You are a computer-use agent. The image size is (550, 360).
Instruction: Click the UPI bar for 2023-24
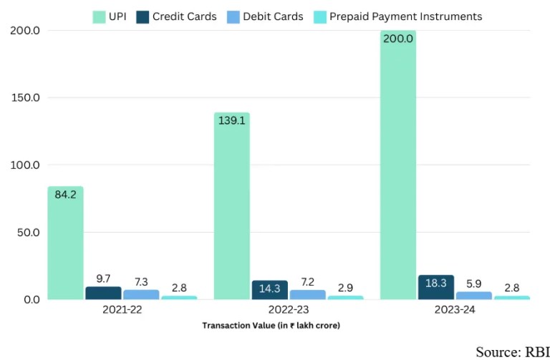pos(398,165)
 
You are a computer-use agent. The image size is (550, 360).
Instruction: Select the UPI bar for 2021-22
pos(66,243)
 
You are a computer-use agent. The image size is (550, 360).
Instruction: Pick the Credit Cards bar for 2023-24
pos(435,288)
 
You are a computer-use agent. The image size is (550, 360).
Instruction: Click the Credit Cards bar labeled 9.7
pos(103,293)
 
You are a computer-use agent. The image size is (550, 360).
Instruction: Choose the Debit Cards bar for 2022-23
pos(307,294)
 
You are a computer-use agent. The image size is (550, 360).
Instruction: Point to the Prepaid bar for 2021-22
pos(179,297)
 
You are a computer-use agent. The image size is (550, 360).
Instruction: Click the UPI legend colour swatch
pos(100,16)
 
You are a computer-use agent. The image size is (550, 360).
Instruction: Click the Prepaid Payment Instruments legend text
pos(406,16)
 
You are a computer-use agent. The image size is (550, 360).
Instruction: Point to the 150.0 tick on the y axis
pos(25,98)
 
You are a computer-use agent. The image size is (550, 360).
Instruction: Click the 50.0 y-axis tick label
pos(27,233)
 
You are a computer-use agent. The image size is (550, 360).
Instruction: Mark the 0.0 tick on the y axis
pos(30,299)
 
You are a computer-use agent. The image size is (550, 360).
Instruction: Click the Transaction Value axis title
pos(271,326)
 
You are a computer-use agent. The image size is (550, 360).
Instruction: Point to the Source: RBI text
pos(511,351)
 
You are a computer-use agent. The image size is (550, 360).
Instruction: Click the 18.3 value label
pos(435,283)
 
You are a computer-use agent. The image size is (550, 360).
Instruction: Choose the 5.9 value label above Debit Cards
pos(473,282)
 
